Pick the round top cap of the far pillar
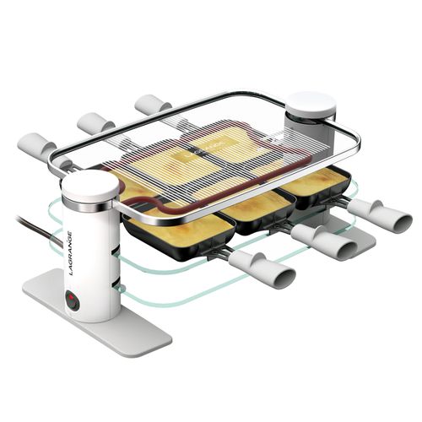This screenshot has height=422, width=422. click(x=311, y=103)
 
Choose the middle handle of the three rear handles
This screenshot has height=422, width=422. click(x=95, y=123)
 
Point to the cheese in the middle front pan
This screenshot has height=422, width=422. click(x=253, y=204)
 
